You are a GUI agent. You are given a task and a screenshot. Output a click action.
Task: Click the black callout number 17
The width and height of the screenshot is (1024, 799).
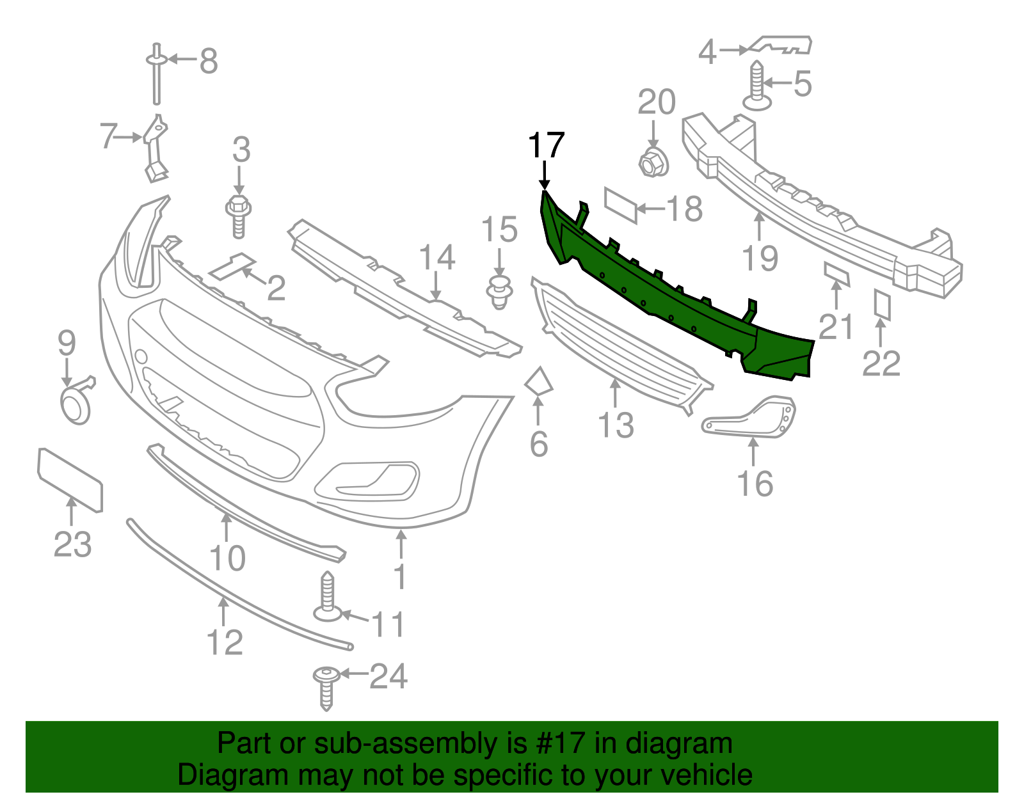(546, 146)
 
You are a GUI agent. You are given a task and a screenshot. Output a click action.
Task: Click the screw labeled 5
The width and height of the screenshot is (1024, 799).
(756, 86)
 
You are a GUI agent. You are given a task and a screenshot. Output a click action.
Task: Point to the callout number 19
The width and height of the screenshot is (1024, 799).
(760, 258)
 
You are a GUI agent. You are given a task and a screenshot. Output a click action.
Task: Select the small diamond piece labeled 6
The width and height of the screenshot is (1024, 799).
(538, 381)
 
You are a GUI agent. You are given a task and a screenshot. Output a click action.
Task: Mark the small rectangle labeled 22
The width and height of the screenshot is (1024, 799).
(883, 305)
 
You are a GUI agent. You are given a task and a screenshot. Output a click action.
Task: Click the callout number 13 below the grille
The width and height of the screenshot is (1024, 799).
(616, 425)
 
